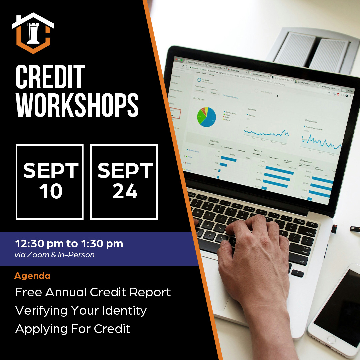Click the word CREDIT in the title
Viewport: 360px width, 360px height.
50,77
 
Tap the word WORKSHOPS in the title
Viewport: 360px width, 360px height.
77,105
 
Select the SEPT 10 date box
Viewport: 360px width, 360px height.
50,182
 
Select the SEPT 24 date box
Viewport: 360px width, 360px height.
124,182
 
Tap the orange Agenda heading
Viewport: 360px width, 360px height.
32,276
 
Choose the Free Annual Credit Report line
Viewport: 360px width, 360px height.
93,292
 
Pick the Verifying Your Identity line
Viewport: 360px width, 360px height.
81,311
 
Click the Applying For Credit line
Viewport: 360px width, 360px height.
73,329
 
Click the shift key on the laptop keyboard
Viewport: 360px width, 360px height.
302,262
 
